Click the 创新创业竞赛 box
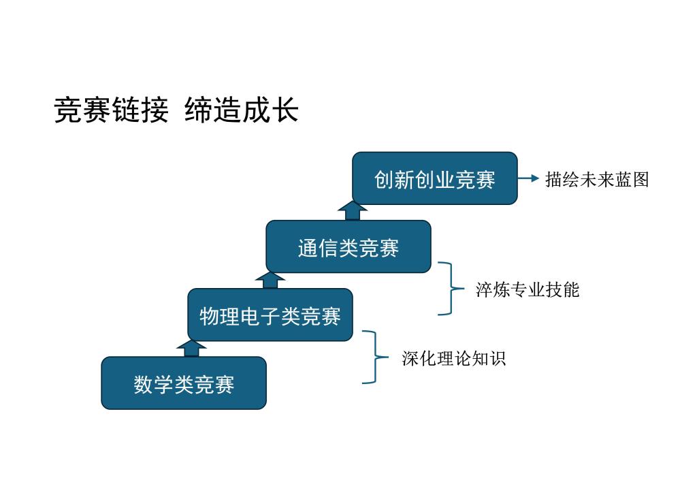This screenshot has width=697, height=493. (x=435, y=178)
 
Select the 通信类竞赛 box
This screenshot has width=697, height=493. (x=348, y=246)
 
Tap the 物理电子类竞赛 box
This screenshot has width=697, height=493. (x=270, y=315)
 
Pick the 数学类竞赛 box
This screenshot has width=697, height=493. (x=184, y=383)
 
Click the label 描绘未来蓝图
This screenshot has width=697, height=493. (x=597, y=179)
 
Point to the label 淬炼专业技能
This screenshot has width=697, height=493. (x=528, y=289)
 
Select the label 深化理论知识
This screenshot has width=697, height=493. (x=454, y=358)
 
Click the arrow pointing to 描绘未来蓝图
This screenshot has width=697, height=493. (x=528, y=178)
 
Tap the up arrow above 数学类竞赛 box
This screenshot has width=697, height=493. (x=191, y=349)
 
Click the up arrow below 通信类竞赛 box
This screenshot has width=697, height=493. (x=270, y=281)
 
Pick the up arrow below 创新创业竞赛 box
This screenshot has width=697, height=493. (x=353, y=212)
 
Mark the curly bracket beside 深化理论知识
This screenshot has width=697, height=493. (x=376, y=357)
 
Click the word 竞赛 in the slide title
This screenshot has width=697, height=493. (x=82, y=110)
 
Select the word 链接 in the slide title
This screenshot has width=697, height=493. (x=140, y=110)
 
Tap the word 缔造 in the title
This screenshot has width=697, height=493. (x=213, y=110)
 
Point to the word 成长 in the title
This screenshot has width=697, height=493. (x=270, y=110)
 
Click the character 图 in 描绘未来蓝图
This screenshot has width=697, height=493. (x=641, y=179)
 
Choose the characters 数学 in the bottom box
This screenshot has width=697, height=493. (x=153, y=384)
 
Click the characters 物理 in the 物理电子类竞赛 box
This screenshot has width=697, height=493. (x=219, y=316)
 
